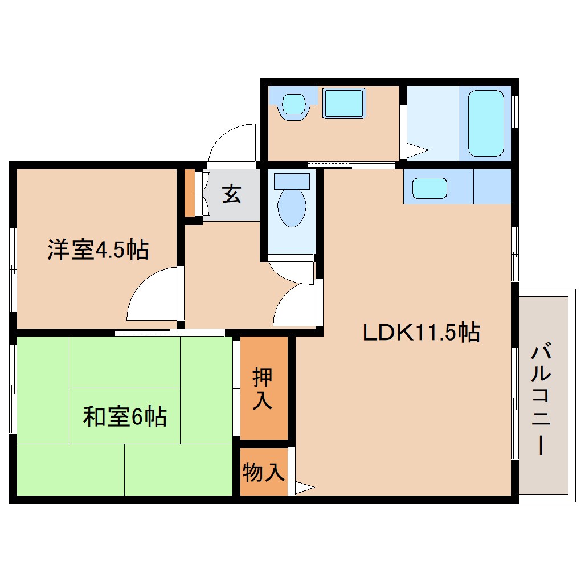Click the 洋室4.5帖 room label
click(x=97, y=250)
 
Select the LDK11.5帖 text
click(x=421, y=332)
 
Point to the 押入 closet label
click(x=263, y=388)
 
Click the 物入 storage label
click(x=263, y=472)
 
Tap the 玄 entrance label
click(x=231, y=194)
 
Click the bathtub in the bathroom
click(x=485, y=122)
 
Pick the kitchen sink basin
click(x=429, y=188)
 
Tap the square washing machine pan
click(x=343, y=103)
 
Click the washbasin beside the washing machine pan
click(x=293, y=104)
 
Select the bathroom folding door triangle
click(x=416, y=151)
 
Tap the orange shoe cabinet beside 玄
click(x=189, y=193)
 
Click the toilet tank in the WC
click(x=292, y=181)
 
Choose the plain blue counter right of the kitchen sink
click(x=492, y=186)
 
